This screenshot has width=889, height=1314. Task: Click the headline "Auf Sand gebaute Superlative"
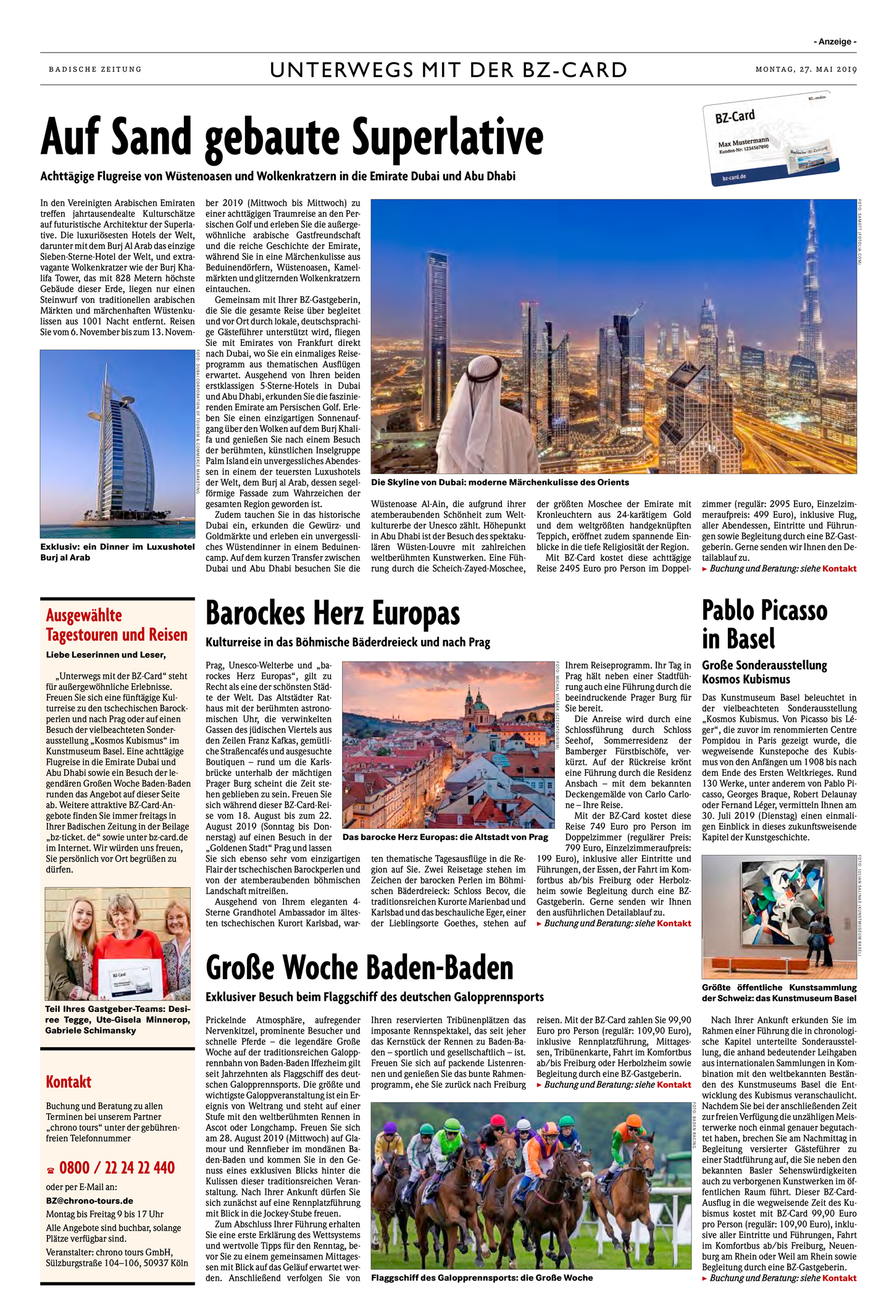pyautogui.click(x=291, y=137)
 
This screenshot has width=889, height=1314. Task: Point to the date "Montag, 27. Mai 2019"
pyautogui.click(x=806, y=69)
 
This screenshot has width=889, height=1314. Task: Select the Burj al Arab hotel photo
pyautogui.click(x=117, y=444)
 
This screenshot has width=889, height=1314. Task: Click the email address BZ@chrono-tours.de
pyautogui.click(x=90, y=1200)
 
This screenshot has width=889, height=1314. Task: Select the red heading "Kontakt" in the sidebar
pyautogui.click(x=69, y=1082)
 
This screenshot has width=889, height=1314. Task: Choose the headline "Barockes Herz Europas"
pyautogui.click(x=333, y=614)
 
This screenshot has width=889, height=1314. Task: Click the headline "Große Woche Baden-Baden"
pyautogui.click(x=359, y=967)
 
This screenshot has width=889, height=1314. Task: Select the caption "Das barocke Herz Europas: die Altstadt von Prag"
pyautogui.click(x=445, y=837)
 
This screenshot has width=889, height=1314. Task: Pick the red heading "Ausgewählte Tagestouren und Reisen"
pyautogui.click(x=117, y=625)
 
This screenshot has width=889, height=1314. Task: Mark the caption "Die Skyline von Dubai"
pyautogui.click(x=499, y=482)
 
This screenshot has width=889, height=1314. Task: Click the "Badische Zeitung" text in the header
pyautogui.click(x=95, y=69)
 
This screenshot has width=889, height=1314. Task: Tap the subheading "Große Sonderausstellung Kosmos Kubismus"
pyautogui.click(x=764, y=672)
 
